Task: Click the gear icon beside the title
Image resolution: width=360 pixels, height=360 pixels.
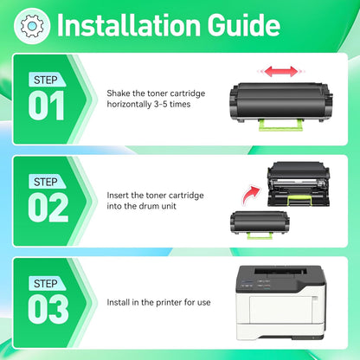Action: tap(32, 26)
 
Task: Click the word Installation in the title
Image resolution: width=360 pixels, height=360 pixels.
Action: tap(129, 25)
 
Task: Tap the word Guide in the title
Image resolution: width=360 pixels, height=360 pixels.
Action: tap(244, 25)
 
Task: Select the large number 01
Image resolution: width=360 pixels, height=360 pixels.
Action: tap(47, 106)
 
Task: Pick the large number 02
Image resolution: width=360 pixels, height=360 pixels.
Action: tap(48, 208)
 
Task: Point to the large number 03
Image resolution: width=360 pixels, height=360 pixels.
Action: tap(48, 309)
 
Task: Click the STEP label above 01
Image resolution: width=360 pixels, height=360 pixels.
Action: tap(46, 80)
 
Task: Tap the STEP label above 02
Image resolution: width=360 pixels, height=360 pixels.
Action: tap(46, 182)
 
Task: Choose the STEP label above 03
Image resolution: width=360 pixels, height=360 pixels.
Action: tap(46, 284)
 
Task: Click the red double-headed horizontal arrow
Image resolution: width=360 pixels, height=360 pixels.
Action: tap(280, 72)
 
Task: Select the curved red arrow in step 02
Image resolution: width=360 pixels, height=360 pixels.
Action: tap(250, 195)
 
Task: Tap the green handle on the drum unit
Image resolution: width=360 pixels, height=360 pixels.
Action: tap(299, 200)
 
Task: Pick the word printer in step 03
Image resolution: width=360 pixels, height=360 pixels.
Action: tap(169, 303)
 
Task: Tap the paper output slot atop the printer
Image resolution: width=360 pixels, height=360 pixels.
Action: tap(280, 271)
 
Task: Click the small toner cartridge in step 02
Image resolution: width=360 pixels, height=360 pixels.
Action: tap(260, 224)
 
